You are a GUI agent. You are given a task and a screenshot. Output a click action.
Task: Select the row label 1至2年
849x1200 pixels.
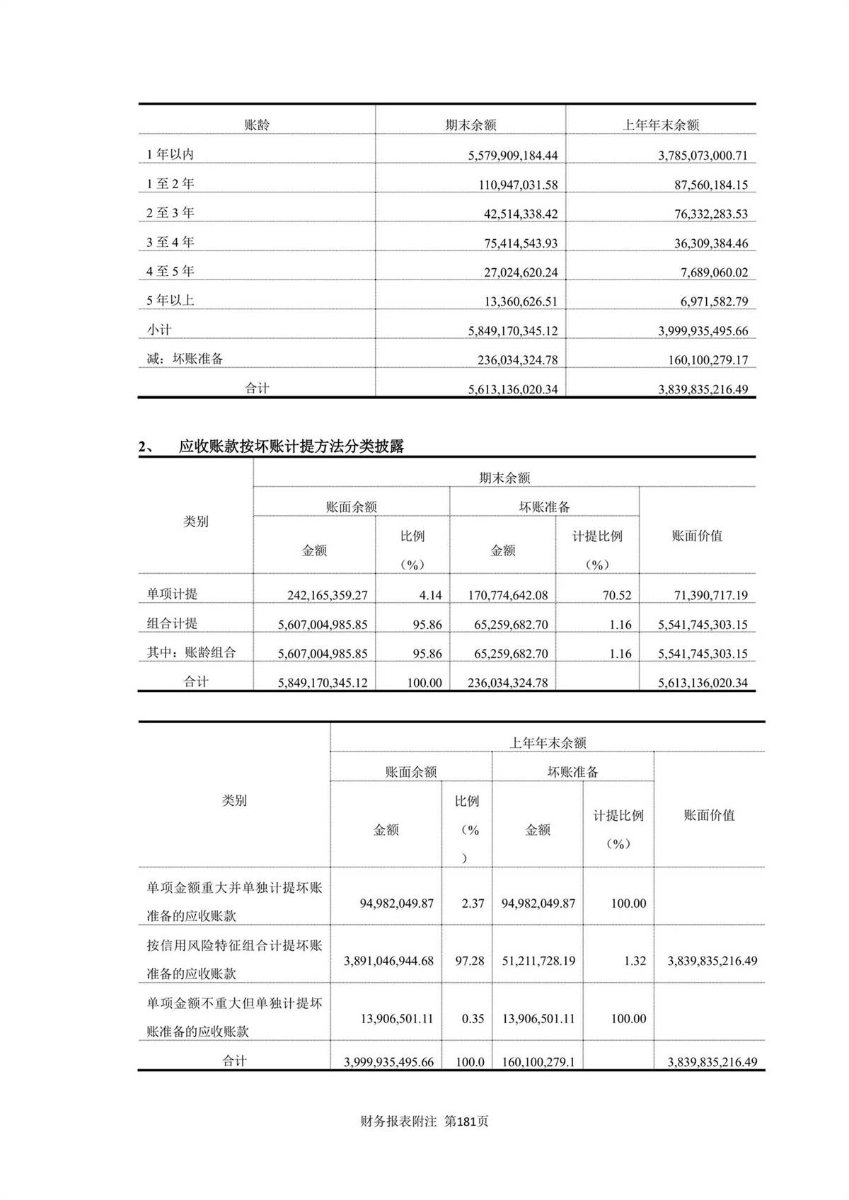[x=171, y=184]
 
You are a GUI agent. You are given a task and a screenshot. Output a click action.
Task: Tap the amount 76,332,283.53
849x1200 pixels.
[x=710, y=214]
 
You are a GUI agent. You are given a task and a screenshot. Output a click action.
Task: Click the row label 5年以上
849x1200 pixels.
[x=171, y=301]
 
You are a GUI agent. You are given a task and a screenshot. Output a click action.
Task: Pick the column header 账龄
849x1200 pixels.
[x=257, y=125]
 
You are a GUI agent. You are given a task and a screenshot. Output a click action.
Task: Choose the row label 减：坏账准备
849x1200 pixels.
[x=185, y=359]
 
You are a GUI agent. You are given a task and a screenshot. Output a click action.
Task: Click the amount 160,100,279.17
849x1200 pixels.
[x=707, y=360]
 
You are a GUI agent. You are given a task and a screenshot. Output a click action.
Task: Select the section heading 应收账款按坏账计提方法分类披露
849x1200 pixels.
[x=291, y=446]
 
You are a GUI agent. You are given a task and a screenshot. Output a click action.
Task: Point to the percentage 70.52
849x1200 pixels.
[x=617, y=596]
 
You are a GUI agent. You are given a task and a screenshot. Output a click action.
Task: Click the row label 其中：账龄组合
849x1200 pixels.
[x=191, y=653]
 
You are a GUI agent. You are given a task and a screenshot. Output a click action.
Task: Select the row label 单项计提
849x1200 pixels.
[x=172, y=594]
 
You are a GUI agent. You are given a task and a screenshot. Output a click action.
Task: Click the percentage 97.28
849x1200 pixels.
[x=470, y=961]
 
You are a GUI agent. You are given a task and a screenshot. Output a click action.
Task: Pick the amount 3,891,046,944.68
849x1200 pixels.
[x=388, y=961]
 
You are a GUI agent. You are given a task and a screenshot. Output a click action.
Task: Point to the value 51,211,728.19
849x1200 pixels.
[x=538, y=961]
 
